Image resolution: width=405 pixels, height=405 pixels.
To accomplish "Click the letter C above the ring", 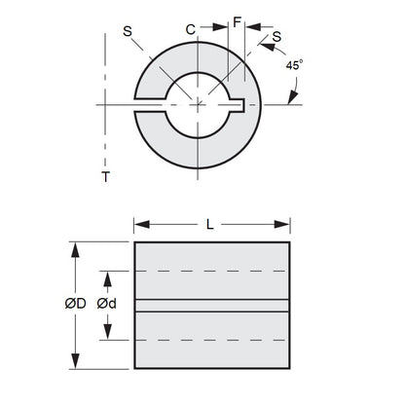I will [192, 31].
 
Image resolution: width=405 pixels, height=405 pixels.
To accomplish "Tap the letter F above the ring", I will [238, 20].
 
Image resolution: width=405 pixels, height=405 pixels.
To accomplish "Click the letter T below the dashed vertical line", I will [103, 177].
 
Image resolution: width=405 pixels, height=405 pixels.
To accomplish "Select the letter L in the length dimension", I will [211, 225].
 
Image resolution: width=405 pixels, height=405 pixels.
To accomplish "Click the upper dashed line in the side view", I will [211, 271].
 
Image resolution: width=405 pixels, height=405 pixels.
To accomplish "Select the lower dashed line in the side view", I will [211, 339].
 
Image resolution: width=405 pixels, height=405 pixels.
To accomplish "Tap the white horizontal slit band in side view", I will [211, 305].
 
